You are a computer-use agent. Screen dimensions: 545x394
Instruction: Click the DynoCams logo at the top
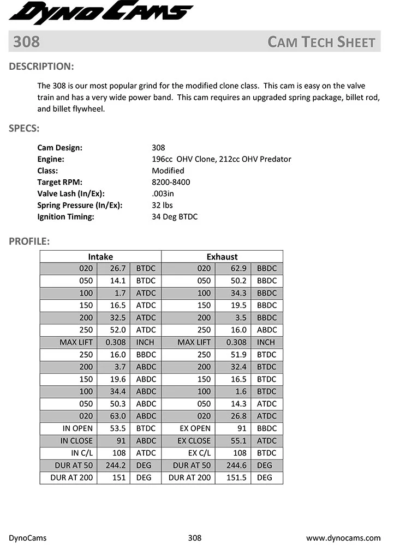coord(101,13)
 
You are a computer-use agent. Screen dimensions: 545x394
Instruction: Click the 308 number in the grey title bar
coord(26,42)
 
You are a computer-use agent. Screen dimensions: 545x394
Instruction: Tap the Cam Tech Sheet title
coord(321,42)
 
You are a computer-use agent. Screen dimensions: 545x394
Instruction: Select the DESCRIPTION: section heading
coord(41,67)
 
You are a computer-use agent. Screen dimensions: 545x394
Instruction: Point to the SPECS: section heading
coord(23,129)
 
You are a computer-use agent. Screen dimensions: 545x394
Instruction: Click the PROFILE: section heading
coord(29,241)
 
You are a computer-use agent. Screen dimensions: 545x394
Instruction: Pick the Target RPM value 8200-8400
coord(171,182)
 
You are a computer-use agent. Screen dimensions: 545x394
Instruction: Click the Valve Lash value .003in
coord(163,193)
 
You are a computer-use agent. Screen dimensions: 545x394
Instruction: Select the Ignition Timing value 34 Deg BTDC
coord(175,216)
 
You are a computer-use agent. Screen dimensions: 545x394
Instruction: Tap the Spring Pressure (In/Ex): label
coord(80,205)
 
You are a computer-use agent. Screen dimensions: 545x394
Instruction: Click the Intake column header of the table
coord(100,257)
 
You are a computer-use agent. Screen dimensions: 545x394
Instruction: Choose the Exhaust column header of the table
coord(222,257)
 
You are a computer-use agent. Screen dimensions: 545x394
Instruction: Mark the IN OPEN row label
coord(76,428)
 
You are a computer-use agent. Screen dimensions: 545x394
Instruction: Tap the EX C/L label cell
coord(199,453)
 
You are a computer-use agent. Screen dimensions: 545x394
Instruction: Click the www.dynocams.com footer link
coord(343,538)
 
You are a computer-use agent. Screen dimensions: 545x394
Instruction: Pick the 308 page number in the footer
coord(194,538)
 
